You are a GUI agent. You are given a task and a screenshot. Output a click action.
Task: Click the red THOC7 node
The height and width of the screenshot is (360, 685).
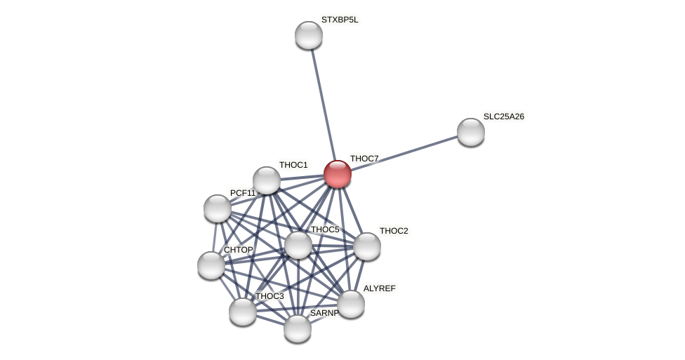tap(338, 174)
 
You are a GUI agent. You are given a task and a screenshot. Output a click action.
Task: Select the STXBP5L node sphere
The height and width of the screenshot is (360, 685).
tap(309, 35)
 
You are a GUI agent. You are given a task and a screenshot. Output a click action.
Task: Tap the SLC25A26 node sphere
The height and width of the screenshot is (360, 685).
tap(471, 132)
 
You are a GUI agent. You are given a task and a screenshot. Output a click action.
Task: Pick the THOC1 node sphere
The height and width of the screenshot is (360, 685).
tap(267, 180)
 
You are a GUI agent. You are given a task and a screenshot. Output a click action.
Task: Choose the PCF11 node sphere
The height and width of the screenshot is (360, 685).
tap(218, 208)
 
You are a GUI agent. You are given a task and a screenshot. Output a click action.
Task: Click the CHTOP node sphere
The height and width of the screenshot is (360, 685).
tap(211, 265)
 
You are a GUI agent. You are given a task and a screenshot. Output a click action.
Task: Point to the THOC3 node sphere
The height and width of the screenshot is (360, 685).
tap(243, 312)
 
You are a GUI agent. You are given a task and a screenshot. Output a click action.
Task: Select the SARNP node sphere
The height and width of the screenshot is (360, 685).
tap(298, 328)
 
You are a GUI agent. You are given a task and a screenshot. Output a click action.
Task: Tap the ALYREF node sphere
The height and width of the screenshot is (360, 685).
tap(351, 304)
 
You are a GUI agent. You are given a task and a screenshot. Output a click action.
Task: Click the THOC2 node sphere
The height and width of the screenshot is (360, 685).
tap(367, 246)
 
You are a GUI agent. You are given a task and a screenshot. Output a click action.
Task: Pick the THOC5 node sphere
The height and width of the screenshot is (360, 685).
tap(298, 245)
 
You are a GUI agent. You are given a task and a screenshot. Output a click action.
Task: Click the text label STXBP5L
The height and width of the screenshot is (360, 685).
tap(340, 20)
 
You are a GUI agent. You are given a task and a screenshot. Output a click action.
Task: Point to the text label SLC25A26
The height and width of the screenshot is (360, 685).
tap(504, 116)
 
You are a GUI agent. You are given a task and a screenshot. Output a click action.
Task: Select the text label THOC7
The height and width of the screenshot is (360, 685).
tap(364, 159)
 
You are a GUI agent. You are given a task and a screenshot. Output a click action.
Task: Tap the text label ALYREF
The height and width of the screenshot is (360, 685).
tap(380, 288)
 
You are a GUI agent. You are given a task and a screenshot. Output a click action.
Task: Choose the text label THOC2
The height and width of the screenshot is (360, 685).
tap(394, 231)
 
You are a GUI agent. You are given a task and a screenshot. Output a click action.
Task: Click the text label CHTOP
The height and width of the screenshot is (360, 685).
tap(239, 250)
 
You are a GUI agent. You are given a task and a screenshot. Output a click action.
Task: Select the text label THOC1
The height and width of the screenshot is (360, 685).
tap(293, 165)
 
